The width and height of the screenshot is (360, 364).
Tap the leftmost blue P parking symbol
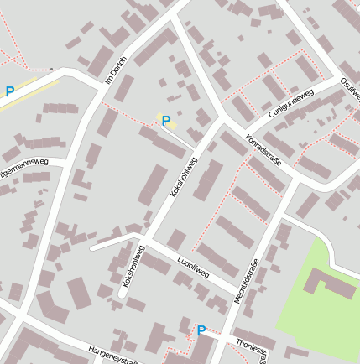coord(10,92)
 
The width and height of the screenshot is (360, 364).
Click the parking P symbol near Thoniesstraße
coord(201,330)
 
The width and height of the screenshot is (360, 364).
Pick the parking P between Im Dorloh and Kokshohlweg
coord(166,122)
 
